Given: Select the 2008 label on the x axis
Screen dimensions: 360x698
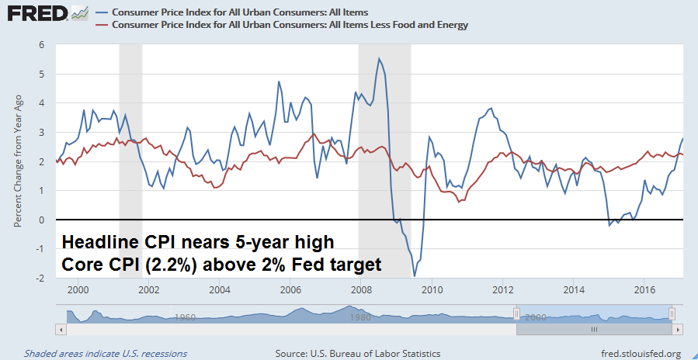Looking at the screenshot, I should click(x=360, y=289).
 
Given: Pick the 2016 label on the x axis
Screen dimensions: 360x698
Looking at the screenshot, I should click(x=644, y=289).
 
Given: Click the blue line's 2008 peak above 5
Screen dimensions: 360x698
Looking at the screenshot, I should click(x=379, y=59).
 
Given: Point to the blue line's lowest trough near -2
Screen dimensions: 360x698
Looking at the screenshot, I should click(x=415, y=275).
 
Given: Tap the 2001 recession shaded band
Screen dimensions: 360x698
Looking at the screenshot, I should click(x=130, y=155).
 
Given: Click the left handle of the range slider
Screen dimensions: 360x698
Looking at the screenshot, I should click(x=516, y=313).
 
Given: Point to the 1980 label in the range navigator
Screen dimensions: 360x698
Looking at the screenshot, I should click(x=356, y=317).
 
